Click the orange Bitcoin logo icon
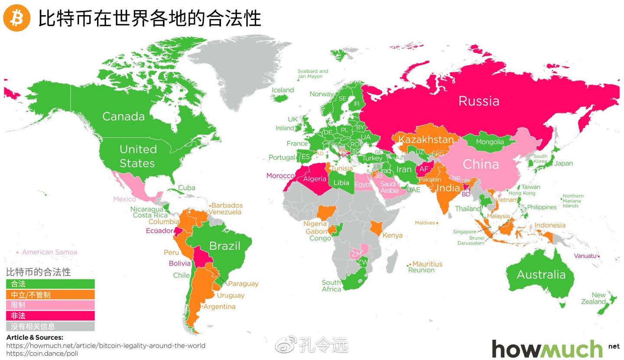click(17, 18)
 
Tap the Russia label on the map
click(479, 101)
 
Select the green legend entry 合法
click(50, 284)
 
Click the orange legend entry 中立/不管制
click(50, 295)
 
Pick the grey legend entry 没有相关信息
click(50, 326)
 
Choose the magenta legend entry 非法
click(50, 316)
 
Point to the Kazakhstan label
click(426, 139)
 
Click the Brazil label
click(224, 246)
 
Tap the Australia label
click(541, 275)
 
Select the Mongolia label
click(490, 142)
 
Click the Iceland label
click(283, 90)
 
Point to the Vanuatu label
click(585, 256)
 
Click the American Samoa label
click(49, 252)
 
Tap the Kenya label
click(392, 236)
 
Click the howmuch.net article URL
click(106, 346)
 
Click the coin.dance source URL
click(42, 354)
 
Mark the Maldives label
click(424, 223)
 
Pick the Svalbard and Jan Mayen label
click(313, 74)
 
